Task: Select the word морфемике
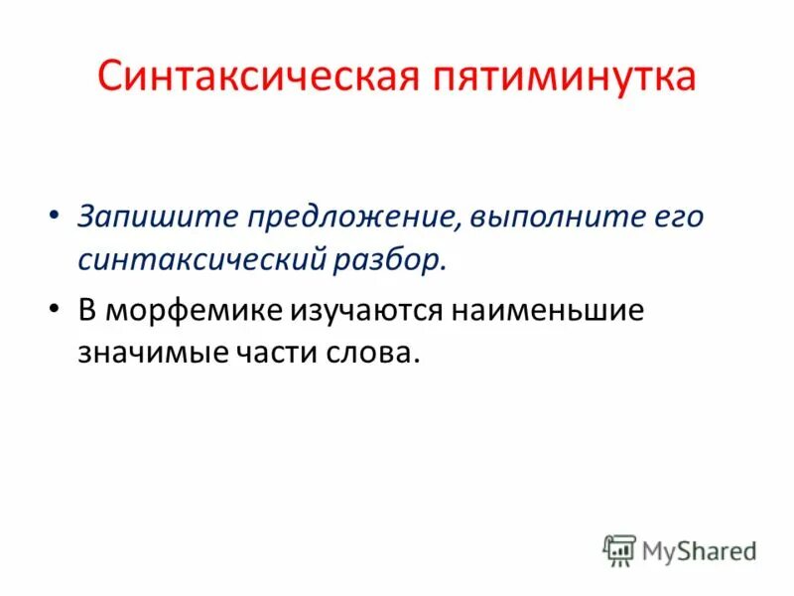(x=197, y=310)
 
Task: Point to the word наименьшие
(x=548, y=310)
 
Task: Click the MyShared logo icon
(x=619, y=549)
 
